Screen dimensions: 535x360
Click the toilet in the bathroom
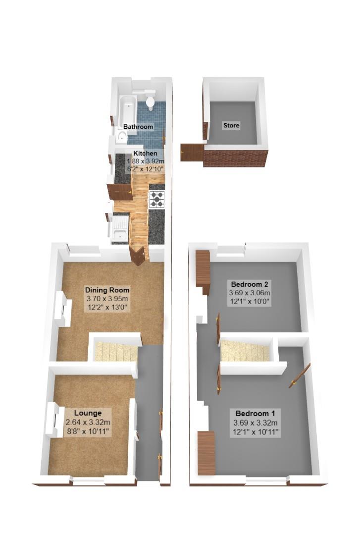pyautogui.click(x=150, y=101)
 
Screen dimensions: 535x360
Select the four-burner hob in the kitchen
pyautogui.click(x=157, y=199)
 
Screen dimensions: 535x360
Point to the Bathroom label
pyautogui.click(x=138, y=127)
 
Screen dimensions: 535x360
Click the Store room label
pyautogui.click(x=231, y=125)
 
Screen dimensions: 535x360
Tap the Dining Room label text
pyautogui.click(x=107, y=290)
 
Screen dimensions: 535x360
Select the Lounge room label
pyautogui.click(x=88, y=413)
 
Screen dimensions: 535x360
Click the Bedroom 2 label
pyautogui.click(x=250, y=284)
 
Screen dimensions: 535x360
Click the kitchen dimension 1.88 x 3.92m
pyautogui.click(x=145, y=161)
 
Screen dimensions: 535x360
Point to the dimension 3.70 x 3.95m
pyautogui.click(x=107, y=299)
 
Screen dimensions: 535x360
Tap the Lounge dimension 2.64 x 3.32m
pyautogui.click(x=88, y=422)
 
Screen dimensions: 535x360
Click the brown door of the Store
pyautogui.click(x=192, y=152)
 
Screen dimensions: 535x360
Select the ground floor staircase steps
pyautogui.click(x=116, y=352)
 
